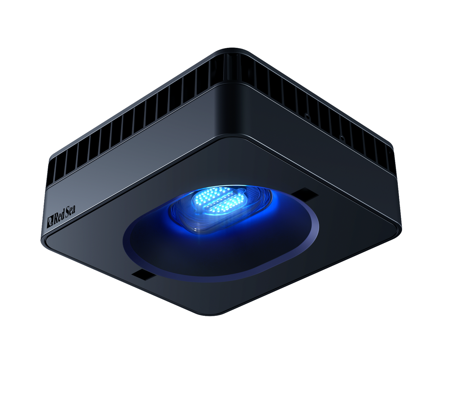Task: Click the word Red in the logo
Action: [59, 217]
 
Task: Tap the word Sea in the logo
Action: [70, 211]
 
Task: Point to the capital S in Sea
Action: [67, 213]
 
